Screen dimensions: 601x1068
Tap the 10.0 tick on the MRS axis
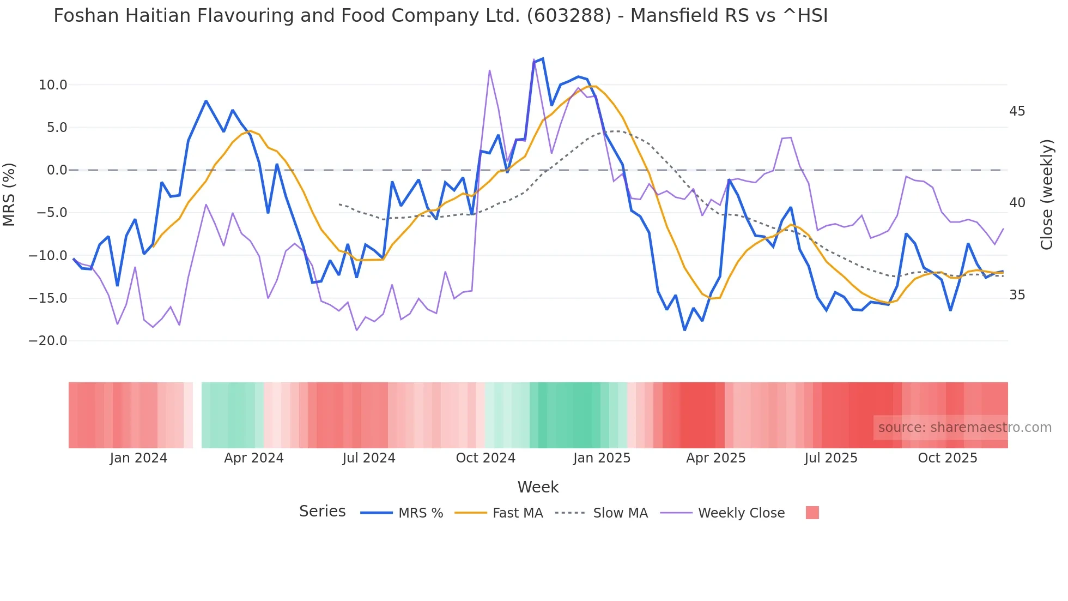tap(53, 85)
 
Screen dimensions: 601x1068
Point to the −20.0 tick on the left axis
tap(48, 341)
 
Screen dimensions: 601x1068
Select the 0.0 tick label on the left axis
tap(57, 170)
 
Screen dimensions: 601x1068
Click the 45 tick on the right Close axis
tap(1017, 111)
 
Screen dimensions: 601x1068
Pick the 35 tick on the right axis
tap(1017, 295)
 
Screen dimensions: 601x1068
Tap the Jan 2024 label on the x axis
tap(138, 458)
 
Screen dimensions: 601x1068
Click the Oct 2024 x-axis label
tap(486, 458)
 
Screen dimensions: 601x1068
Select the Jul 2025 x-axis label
tap(831, 458)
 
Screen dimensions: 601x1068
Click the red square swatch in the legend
tap(812, 513)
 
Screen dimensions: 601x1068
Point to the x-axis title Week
tap(538, 487)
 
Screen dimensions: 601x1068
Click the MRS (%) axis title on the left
tap(9, 194)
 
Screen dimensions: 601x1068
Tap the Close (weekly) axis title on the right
tap(1046, 195)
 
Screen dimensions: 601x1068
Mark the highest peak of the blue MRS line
tap(543, 59)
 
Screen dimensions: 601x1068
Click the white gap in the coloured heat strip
tap(197, 415)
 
